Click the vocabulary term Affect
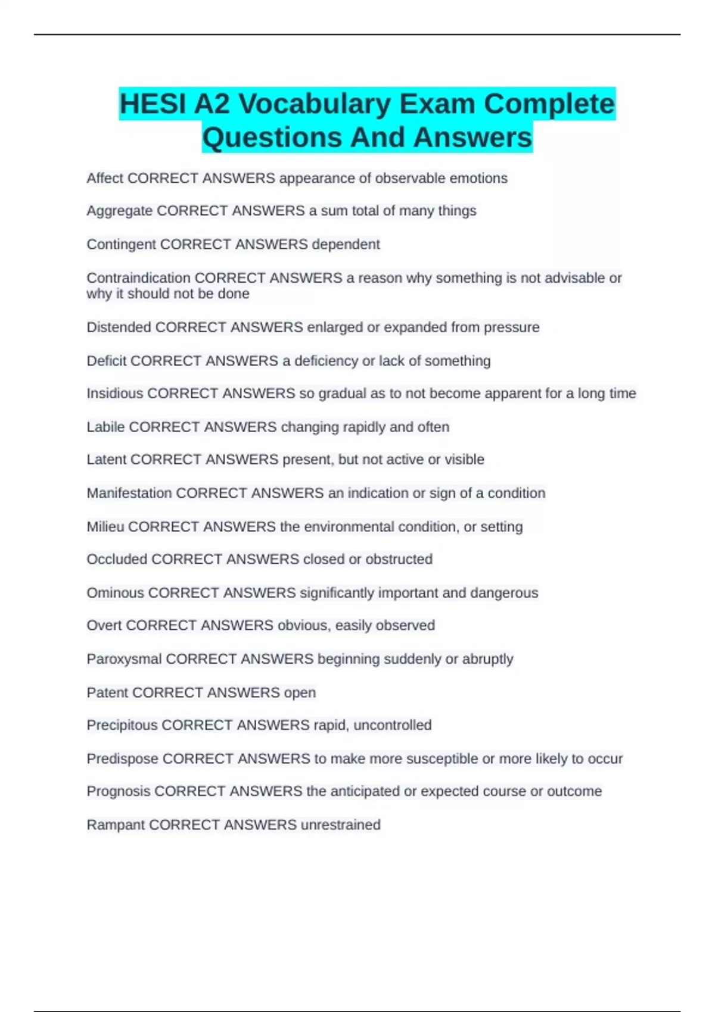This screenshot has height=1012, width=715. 105,178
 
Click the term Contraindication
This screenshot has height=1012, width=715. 138,278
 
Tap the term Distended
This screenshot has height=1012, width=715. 119,327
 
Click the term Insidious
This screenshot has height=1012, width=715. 115,393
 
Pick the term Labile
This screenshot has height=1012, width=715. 105,427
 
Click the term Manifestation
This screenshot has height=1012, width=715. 129,493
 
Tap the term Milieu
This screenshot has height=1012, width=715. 105,527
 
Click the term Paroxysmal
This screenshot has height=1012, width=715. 124,659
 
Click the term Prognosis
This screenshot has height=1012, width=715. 119,791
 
